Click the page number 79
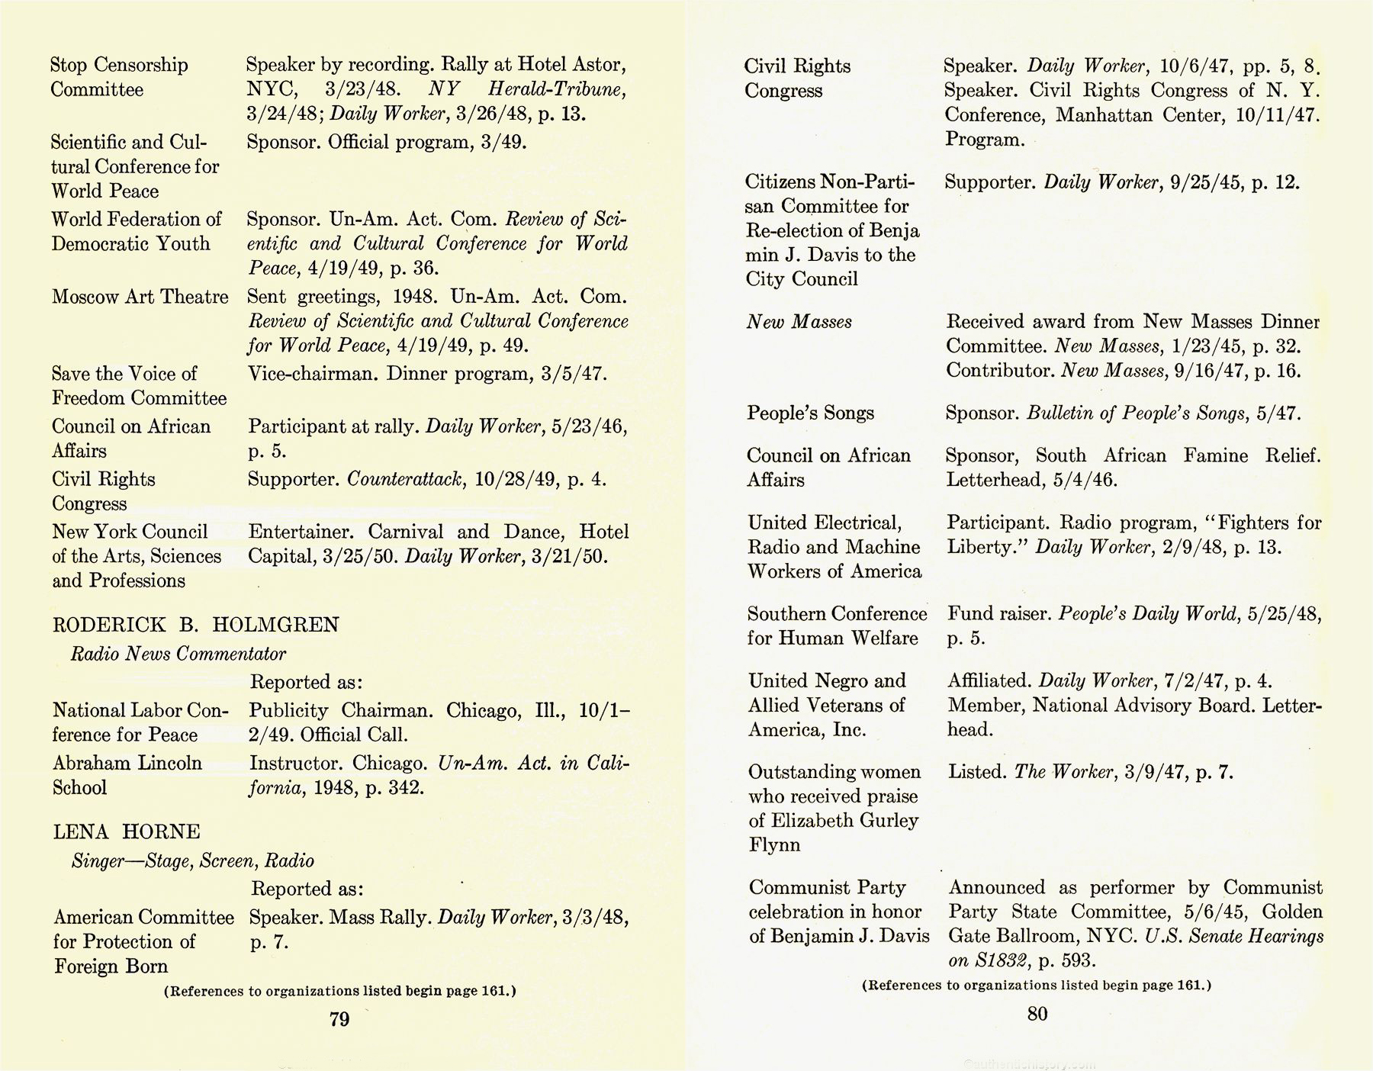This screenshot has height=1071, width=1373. pos(339,1020)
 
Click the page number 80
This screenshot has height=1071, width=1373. pos(1037,1014)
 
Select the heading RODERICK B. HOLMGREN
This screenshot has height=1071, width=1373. pos(195,625)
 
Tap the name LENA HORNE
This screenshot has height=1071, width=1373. pos(127,831)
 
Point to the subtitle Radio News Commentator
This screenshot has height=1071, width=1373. pos(178,654)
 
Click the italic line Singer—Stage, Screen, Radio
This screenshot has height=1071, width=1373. pos(192,860)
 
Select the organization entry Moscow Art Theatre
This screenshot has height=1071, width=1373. pos(140,296)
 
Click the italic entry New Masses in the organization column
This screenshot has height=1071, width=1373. pos(799,322)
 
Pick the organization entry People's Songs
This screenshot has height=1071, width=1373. pos(810,413)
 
